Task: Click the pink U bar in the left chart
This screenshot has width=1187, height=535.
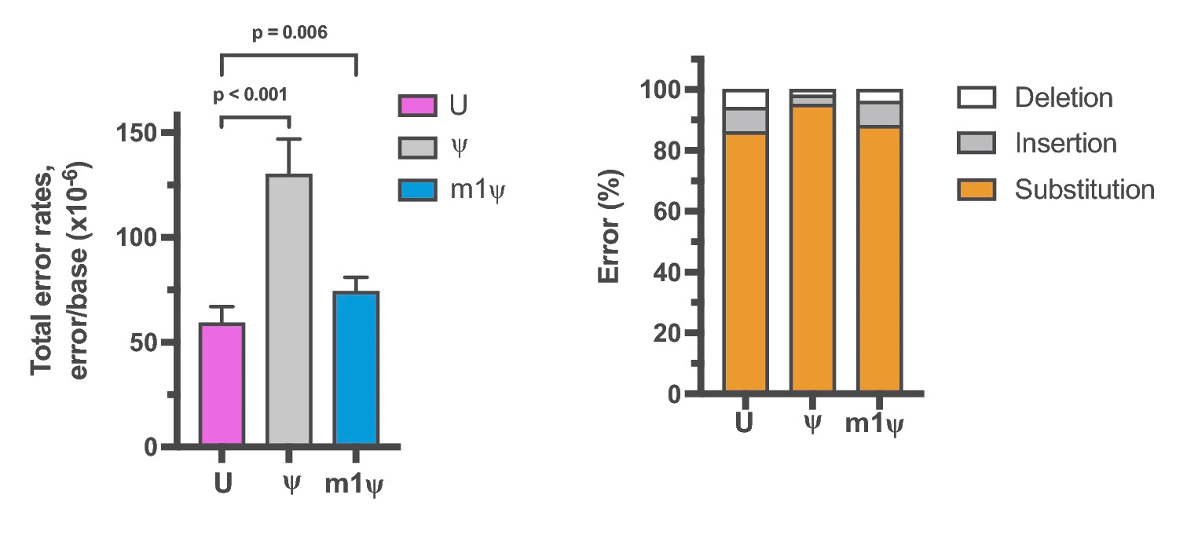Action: [223, 385]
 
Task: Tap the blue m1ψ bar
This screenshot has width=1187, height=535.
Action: [357, 369]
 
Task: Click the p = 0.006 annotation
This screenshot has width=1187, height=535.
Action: [289, 32]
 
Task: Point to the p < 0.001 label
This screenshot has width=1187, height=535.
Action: [250, 96]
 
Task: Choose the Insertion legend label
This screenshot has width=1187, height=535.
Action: [1065, 144]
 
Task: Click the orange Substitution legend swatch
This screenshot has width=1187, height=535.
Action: [976, 190]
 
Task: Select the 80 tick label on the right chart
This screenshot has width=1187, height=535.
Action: [665, 151]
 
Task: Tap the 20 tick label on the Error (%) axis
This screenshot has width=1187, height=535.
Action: [665, 333]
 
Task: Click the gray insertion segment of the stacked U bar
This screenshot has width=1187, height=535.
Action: [746, 120]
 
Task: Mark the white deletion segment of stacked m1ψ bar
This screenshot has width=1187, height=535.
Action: [879, 97]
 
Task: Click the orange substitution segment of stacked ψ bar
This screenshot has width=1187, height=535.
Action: [812, 251]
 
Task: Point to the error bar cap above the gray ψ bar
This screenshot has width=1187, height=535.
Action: [290, 139]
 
